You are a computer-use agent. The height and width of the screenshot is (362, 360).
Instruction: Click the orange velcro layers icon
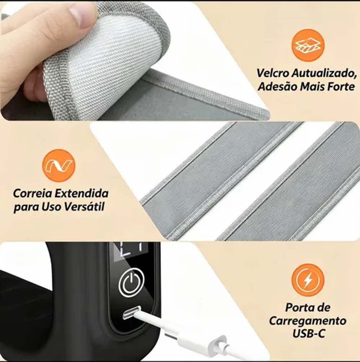(308, 45)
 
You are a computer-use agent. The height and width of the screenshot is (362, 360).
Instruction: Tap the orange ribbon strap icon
(59, 166)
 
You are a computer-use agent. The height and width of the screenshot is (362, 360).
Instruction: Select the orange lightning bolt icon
(308, 280)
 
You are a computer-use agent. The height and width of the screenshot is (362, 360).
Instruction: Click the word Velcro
(272, 73)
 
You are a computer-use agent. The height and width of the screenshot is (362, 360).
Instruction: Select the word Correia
(33, 193)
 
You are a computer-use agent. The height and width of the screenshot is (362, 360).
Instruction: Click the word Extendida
(82, 193)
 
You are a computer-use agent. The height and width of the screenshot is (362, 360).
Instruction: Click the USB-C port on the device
(131, 312)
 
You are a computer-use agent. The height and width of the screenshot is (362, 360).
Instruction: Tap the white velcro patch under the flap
(115, 56)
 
